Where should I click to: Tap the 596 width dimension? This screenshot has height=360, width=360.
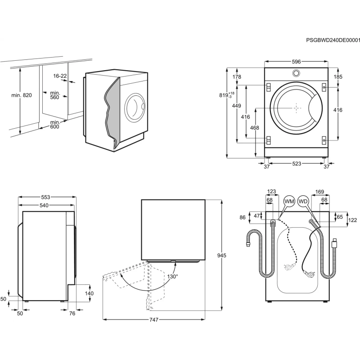(x=295, y=62)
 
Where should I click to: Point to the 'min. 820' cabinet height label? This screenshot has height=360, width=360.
(x=21, y=95)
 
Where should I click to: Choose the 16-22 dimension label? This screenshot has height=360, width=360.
(x=59, y=76)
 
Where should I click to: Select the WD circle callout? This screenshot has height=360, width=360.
(x=303, y=202)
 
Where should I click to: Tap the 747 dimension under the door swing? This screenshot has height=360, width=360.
(x=154, y=319)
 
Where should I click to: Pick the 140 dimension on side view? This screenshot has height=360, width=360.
(x=89, y=293)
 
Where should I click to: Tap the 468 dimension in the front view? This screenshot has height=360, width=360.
(x=254, y=128)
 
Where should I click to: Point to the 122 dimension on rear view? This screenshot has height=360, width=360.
(x=352, y=220)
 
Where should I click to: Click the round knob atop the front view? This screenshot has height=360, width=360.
(x=296, y=73)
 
